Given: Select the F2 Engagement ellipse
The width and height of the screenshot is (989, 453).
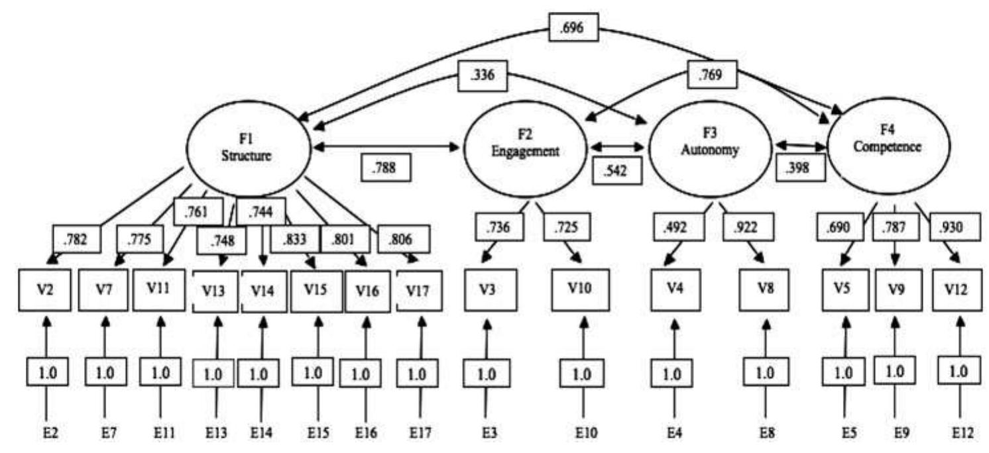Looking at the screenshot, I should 525,143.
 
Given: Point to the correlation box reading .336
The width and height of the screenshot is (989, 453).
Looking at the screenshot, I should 489,77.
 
